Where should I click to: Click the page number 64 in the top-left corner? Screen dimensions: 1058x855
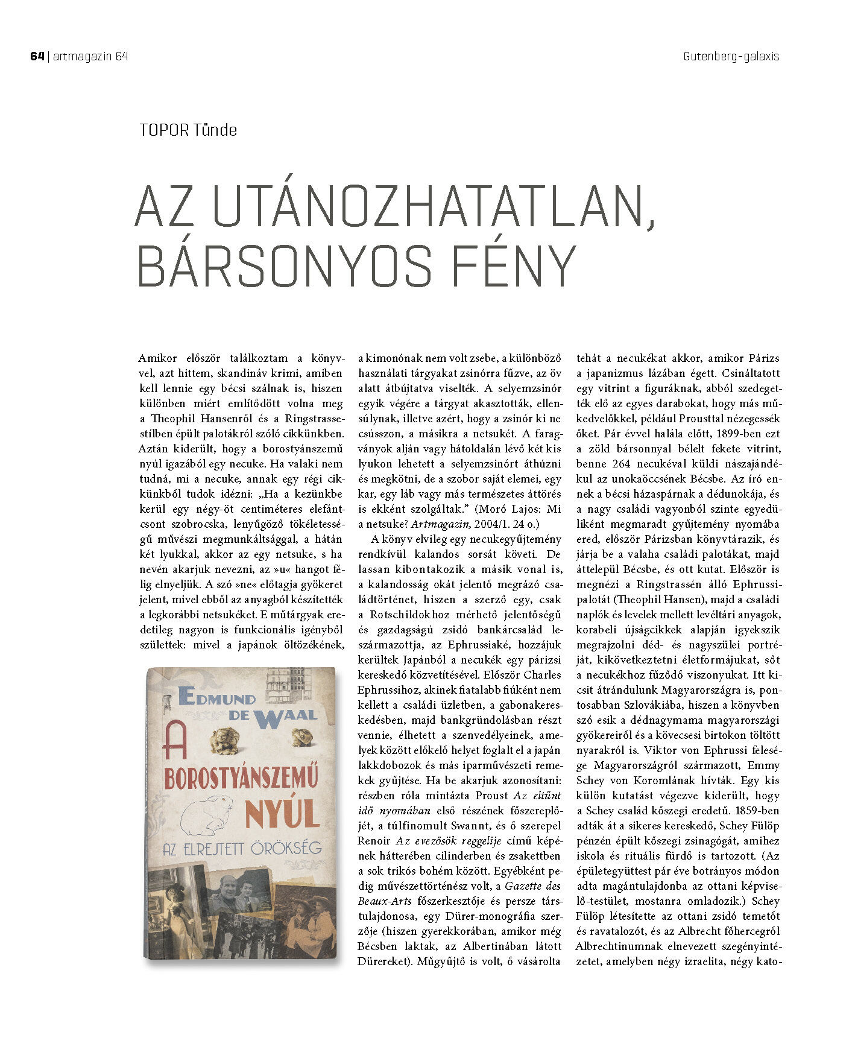(x=37, y=57)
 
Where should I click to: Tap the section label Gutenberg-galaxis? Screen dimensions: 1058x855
(x=731, y=57)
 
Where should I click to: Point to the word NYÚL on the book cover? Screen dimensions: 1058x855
(x=282, y=814)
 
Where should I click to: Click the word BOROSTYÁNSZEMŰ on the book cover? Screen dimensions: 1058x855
(x=241, y=778)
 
